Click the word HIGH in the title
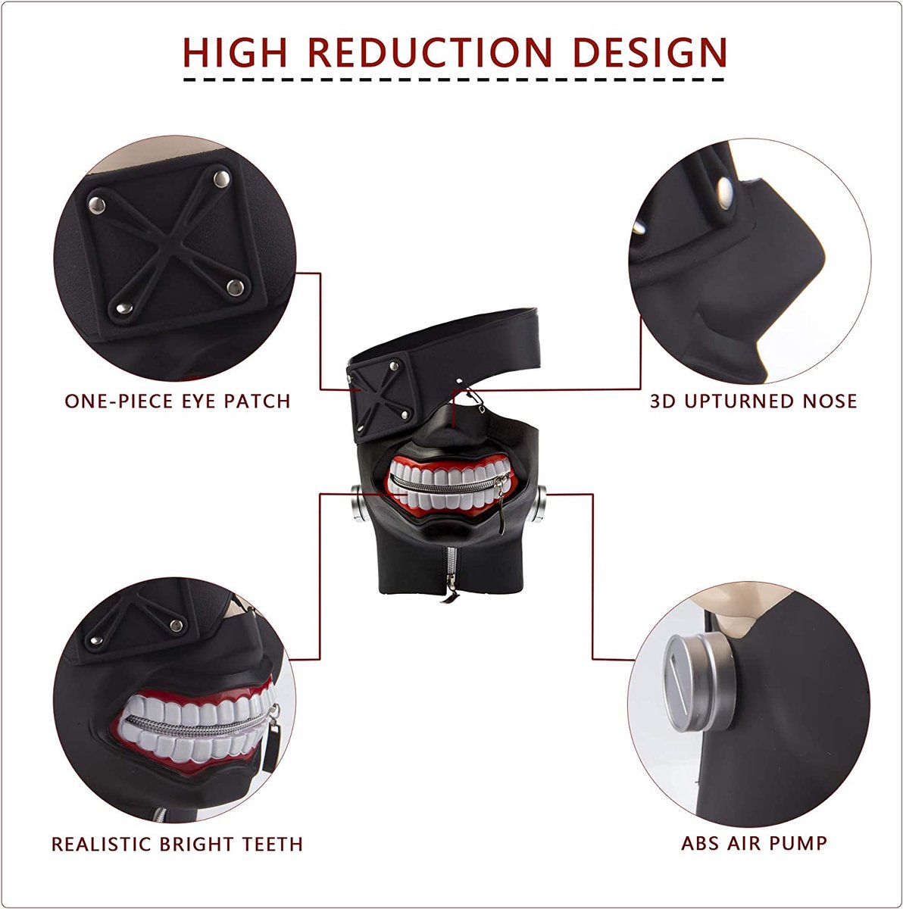coord(235,52)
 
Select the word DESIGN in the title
coord(650,52)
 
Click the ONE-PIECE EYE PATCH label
coord(177,401)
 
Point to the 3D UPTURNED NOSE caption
coord(754,401)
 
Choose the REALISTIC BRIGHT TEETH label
coord(177,844)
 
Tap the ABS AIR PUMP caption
coord(754,843)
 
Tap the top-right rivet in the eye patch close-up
coord(221,178)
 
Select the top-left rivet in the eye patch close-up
coord(97,205)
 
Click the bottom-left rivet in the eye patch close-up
coord(124,308)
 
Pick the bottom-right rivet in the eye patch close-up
coord(235,287)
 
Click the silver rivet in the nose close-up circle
coord(725,193)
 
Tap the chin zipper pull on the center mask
coord(449,596)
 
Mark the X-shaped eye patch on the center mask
coord(382,396)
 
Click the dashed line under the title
coord(454,80)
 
